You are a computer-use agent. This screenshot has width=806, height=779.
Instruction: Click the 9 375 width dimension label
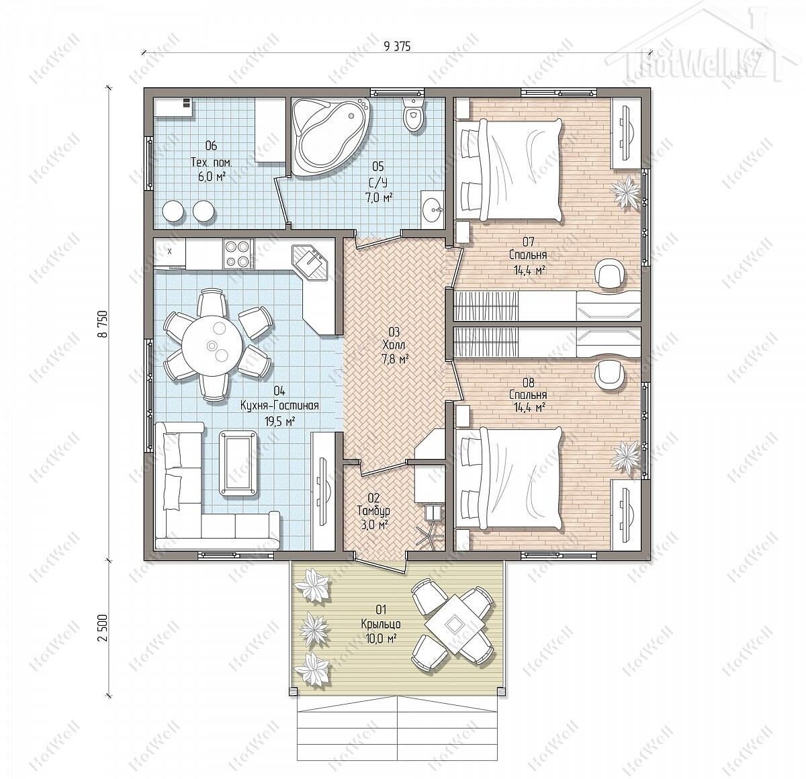pyautogui.click(x=397, y=46)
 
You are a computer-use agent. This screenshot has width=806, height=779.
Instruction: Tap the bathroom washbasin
pyautogui.click(x=433, y=210)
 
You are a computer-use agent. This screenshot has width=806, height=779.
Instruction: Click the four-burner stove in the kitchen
pyautogui.click(x=238, y=253)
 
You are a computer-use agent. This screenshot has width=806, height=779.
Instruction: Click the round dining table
pyautogui.click(x=212, y=345)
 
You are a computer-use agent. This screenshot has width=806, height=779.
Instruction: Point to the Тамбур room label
pyautogui.click(x=373, y=511)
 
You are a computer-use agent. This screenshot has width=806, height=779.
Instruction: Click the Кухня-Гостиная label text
pyautogui.click(x=279, y=406)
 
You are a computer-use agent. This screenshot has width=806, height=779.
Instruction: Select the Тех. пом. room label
pyautogui.click(x=211, y=162)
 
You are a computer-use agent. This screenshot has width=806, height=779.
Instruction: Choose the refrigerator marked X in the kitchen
pyautogui.click(x=170, y=253)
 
